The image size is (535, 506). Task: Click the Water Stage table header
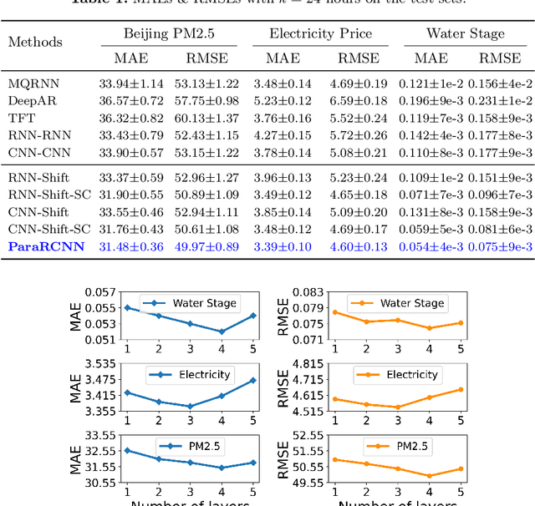point(465,34)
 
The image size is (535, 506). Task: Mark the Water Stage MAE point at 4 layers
point(222,331)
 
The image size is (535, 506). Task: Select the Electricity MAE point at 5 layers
point(252,380)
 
